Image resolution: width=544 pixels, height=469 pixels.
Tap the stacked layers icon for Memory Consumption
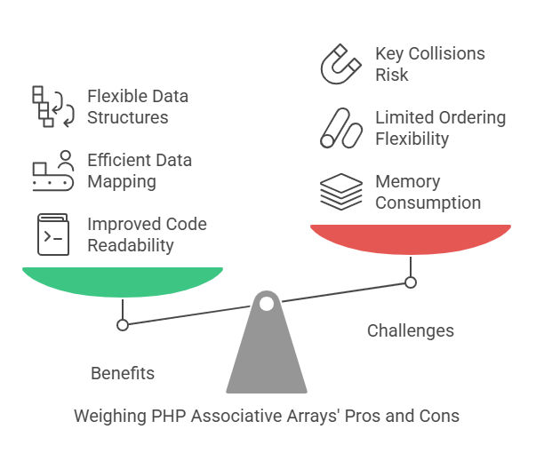(x=341, y=191)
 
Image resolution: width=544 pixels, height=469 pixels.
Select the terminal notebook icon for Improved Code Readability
(x=53, y=234)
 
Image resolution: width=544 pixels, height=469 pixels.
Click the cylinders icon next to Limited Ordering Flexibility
(x=341, y=128)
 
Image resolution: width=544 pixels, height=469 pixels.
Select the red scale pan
(x=411, y=238)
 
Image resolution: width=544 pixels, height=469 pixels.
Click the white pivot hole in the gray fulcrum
(x=267, y=304)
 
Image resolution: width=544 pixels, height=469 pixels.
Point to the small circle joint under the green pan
(x=123, y=325)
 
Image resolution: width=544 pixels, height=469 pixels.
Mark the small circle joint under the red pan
(x=411, y=282)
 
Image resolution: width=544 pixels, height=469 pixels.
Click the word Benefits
(x=123, y=373)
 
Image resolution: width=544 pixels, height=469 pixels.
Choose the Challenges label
(x=411, y=330)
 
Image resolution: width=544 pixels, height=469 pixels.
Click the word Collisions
(x=446, y=53)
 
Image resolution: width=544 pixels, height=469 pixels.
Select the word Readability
(x=131, y=246)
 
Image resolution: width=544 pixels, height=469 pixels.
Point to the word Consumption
(x=428, y=203)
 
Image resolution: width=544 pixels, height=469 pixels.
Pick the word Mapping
(x=122, y=182)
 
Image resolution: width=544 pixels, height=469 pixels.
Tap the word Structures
(x=128, y=117)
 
